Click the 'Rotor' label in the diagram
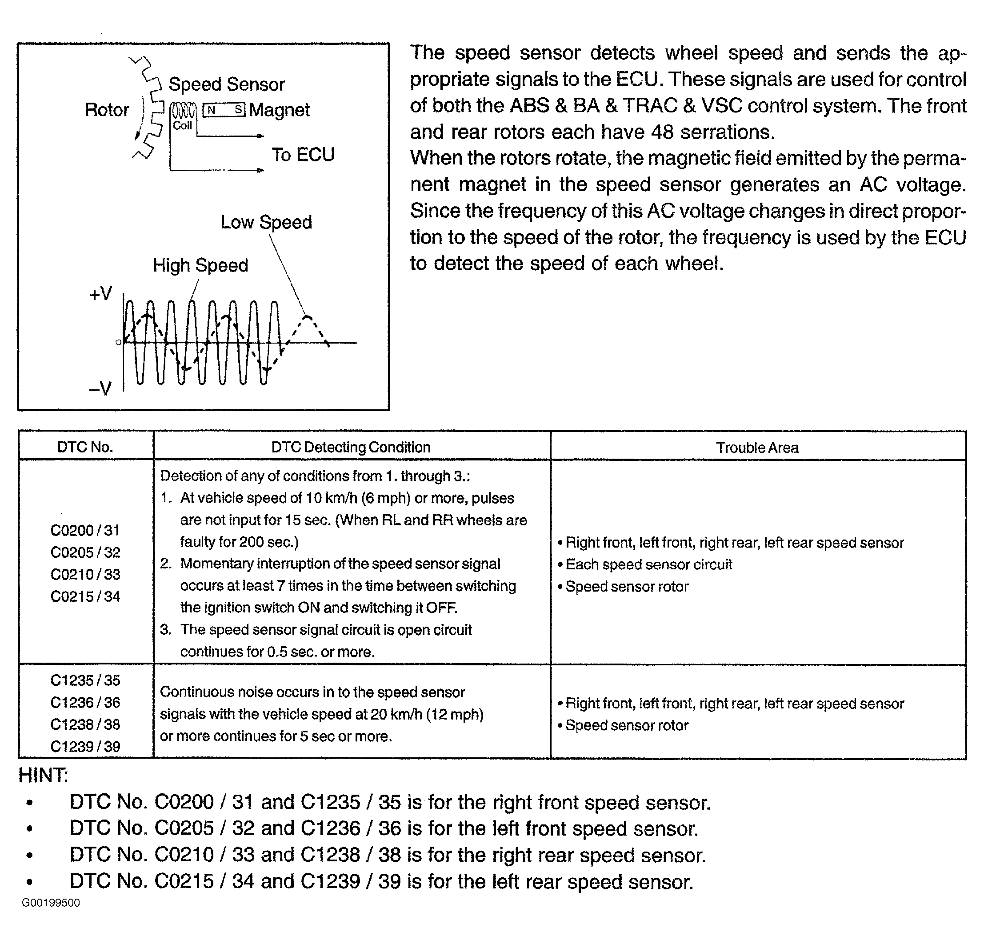point(107,110)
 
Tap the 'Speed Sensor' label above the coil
point(227,84)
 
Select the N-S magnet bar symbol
point(224,110)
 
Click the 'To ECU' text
point(303,155)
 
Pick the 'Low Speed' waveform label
point(266,222)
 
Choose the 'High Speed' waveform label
point(200,265)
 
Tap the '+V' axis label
point(101,294)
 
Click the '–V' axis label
point(100,388)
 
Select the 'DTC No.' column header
point(85,447)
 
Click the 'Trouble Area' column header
point(757,448)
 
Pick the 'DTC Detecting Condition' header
point(351,447)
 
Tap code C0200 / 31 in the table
point(85,530)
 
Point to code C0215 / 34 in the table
point(85,596)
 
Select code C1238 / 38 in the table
point(85,724)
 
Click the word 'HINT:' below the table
point(43,775)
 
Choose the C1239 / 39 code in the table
point(85,746)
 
